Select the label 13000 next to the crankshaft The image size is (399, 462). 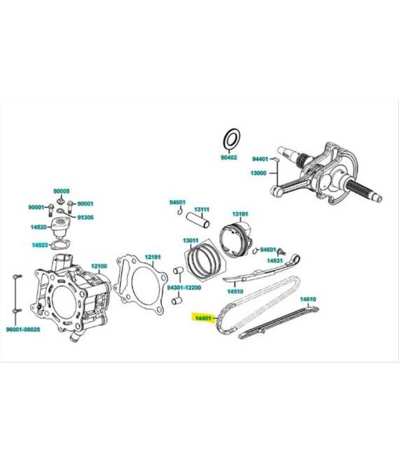pos(261,174)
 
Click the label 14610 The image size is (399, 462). pos(309,299)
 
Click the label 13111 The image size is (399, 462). pos(202,209)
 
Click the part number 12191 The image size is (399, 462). pos(153,257)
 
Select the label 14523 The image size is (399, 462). pos(39,245)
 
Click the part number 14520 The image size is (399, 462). pos(39,227)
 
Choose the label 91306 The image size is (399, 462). pos(85,217)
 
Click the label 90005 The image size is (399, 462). pos(62,191)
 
